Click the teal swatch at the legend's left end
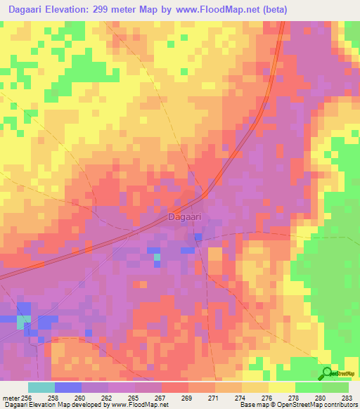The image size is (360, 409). click(x=41, y=387)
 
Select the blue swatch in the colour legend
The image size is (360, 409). click(x=68, y=387)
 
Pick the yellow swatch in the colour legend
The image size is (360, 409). click(x=282, y=387)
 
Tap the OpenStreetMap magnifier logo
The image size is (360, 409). click(x=327, y=373)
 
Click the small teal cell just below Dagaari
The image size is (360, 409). click(x=157, y=258)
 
